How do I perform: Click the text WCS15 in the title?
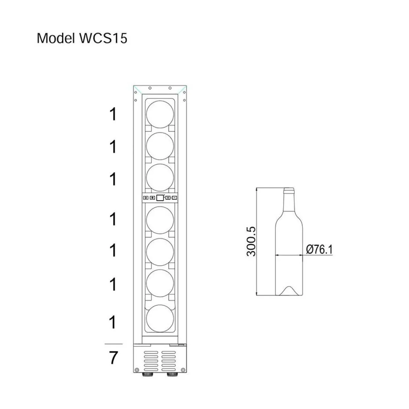(x=103, y=38)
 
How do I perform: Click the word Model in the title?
(x=56, y=38)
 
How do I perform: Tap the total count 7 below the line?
(x=113, y=358)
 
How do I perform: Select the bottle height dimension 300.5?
(x=251, y=241)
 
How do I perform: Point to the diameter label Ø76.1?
(x=319, y=249)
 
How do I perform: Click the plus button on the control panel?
(x=168, y=198)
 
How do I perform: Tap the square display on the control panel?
(x=160, y=198)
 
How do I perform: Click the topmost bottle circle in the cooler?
(x=160, y=114)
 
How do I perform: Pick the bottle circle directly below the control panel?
(x=160, y=220)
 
